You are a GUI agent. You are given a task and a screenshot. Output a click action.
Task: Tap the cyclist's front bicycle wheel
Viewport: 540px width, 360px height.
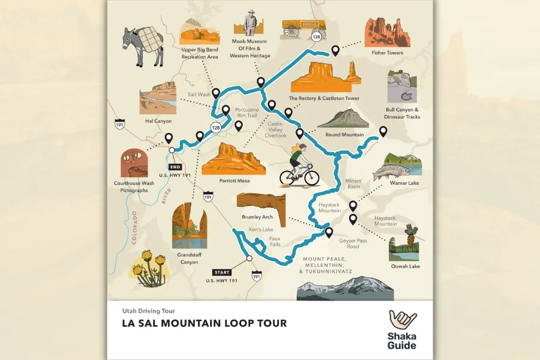311,177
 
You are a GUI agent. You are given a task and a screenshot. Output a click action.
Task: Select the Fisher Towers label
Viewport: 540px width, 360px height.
386,53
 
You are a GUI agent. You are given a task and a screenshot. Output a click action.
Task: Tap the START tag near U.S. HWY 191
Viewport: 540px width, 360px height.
221,272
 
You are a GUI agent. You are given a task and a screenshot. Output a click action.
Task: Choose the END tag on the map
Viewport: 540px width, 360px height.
175,167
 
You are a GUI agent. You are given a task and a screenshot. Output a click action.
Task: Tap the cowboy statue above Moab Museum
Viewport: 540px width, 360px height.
250,23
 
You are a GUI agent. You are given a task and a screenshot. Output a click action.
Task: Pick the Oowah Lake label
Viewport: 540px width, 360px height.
406,266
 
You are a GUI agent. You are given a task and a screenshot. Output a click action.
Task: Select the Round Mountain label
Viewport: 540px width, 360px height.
344,134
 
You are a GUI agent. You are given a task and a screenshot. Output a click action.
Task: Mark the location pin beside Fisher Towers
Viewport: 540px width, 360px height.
335,50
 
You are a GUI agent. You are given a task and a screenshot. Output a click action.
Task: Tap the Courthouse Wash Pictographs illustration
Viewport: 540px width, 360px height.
133,164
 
